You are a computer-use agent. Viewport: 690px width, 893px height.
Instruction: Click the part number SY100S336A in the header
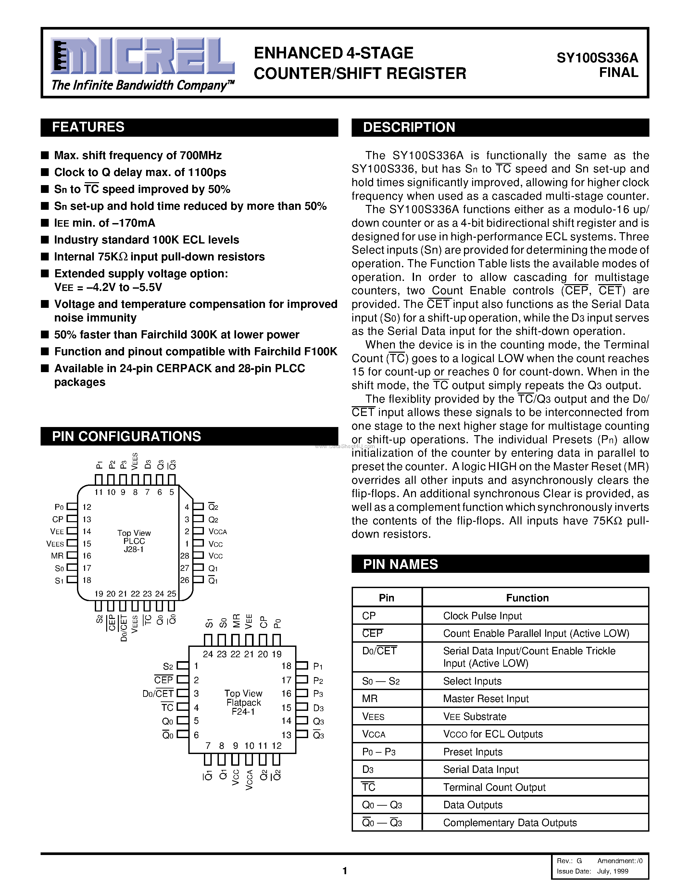click(597, 58)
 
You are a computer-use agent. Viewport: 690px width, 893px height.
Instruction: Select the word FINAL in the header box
click(619, 73)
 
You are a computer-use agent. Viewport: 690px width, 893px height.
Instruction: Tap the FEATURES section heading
click(88, 127)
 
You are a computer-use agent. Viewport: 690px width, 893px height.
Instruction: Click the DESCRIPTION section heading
click(409, 127)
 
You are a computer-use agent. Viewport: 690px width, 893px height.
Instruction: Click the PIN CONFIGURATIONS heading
click(126, 436)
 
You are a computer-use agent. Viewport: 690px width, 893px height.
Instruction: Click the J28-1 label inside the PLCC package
click(134, 549)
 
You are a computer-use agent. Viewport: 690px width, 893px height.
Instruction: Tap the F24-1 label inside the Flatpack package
click(243, 712)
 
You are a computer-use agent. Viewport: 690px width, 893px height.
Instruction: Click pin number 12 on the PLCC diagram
click(87, 507)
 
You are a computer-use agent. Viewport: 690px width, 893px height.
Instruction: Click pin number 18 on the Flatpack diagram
click(286, 666)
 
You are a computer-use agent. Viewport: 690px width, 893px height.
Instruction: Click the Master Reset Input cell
click(486, 699)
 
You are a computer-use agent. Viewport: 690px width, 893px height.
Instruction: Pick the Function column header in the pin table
click(527, 598)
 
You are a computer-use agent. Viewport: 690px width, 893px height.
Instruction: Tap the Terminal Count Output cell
click(494, 787)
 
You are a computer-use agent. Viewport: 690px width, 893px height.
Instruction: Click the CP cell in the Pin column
click(369, 616)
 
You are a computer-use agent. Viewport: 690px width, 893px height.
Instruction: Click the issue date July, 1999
click(612, 871)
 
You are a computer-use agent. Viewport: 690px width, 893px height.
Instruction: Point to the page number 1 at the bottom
click(345, 871)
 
